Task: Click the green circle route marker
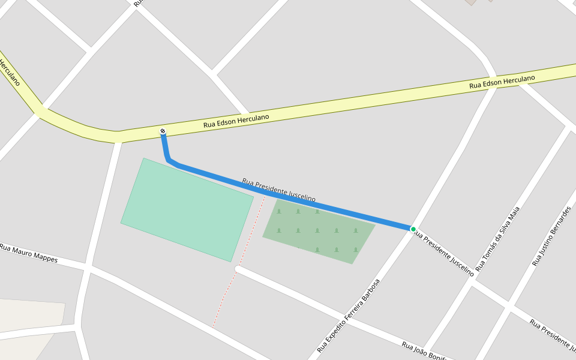pyautogui.click(x=413, y=229)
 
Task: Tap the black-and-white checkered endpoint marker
pyautogui.click(x=163, y=132)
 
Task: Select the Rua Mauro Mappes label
pyautogui.click(x=29, y=253)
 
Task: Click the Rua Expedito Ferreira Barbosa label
pyautogui.click(x=349, y=315)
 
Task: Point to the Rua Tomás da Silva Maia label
pyautogui.click(x=497, y=238)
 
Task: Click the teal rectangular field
pyautogui.click(x=187, y=209)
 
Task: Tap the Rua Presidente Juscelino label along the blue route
pyautogui.click(x=279, y=190)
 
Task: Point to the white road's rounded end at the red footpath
pyautogui.click(x=238, y=270)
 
